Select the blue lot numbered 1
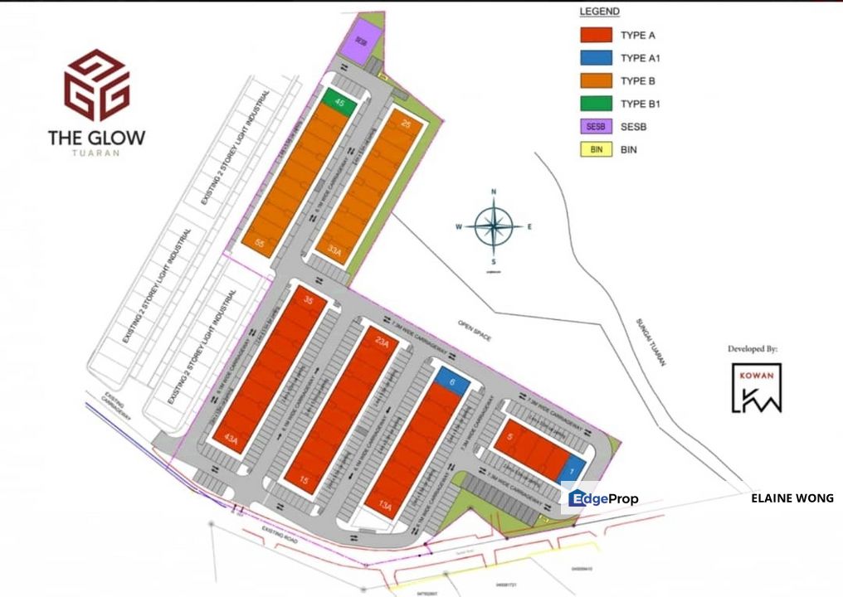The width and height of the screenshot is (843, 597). pos(574,469)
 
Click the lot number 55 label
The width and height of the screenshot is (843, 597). pos(260,243)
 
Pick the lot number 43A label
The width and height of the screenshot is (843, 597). pos(229,439)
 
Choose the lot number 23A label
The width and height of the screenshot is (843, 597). pos(382,340)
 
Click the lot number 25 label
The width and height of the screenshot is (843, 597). pos(406,124)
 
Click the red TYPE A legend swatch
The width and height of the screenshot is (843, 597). pos(596,35)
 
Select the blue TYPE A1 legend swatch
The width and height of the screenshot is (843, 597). pos(596,58)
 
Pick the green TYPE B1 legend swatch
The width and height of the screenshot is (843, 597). pos(596,104)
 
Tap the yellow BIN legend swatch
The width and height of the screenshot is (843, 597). pos(596,150)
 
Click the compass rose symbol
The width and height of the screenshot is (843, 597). pos(494,226)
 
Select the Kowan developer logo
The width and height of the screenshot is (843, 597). pos(756,387)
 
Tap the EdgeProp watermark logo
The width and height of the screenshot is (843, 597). pos(603,498)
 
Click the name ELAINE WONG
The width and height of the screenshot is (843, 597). pos(792,498)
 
